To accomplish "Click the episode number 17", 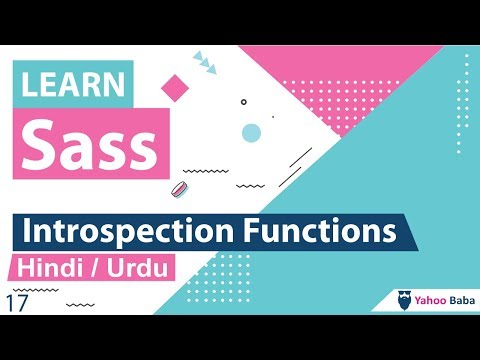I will (16, 302).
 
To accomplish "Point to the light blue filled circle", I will (251, 132).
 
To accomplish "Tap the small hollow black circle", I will (243, 101).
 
